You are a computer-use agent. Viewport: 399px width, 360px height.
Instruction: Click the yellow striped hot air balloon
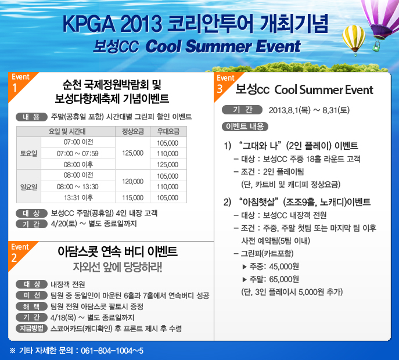(x=354, y=39)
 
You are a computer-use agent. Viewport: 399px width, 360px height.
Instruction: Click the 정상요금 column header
(x=133, y=132)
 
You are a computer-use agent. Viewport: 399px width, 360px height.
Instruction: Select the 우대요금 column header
(x=168, y=132)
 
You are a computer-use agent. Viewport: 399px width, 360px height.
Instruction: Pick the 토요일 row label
(x=29, y=153)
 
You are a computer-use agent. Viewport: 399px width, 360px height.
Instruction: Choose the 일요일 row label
(x=29, y=187)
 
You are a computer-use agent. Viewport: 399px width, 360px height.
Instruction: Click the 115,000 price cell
(x=132, y=197)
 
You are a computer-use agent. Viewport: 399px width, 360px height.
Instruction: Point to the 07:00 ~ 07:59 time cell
(x=78, y=154)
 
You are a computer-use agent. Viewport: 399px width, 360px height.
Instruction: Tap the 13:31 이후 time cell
(x=78, y=197)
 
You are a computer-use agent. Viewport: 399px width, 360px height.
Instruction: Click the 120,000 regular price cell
(x=132, y=181)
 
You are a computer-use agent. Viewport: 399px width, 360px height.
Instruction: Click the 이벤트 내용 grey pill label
(x=245, y=127)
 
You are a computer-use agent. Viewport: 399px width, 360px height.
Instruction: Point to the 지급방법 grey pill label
(x=31, y=329)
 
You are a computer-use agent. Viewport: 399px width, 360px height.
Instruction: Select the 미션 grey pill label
(x=31, y=295)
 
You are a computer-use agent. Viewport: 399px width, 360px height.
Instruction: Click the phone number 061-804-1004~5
(x=112, y=351)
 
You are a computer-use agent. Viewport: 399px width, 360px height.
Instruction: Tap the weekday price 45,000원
(x=284, y=267)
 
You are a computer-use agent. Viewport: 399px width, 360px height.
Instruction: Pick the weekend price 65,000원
(x=284, y=279)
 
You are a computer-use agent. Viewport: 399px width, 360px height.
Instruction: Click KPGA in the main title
(x=89, y=24)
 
